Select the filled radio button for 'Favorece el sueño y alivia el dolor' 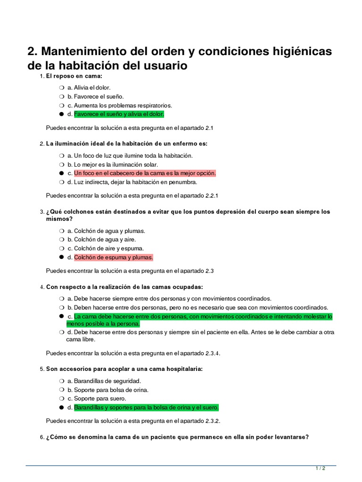(61, 114)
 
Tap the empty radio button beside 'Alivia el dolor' (61, 88)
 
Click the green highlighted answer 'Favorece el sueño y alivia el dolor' (119, 114)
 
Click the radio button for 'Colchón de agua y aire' (61, 240)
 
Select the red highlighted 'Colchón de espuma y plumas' (113, 257)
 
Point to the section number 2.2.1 (212, 195)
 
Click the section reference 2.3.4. (213, 353)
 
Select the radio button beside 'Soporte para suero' (61, 399)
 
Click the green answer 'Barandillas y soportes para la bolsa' (146, 408)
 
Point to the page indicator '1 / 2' (321, 469)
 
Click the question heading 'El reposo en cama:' (74, 76)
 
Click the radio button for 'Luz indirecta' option (61, 182)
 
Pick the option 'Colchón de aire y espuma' (109, 249)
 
